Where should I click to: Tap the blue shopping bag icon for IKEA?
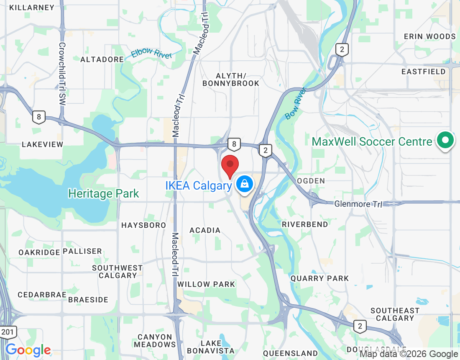[x=244, y=184]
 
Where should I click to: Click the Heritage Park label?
[x=103, y=194]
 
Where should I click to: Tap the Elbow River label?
[x=151, y=54]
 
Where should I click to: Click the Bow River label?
[x=295, y=103]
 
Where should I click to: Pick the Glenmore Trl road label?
[x=358, y=204]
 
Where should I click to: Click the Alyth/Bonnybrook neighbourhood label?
[x=231, y=79]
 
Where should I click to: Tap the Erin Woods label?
[x=429, y=36]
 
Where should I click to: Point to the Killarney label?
[x=32, y=8]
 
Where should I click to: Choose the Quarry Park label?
[x=319, y=278]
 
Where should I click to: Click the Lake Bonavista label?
[x=211, y=347]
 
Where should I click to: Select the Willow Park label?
[x=206, y=284]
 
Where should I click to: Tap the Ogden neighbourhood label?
[x=311, y=180]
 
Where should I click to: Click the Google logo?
[x=28, y=350]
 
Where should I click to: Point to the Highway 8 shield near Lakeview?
[x=38, y=117]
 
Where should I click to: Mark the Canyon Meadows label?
[x=155, y=340]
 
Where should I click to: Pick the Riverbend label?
[x=305, y=224]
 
